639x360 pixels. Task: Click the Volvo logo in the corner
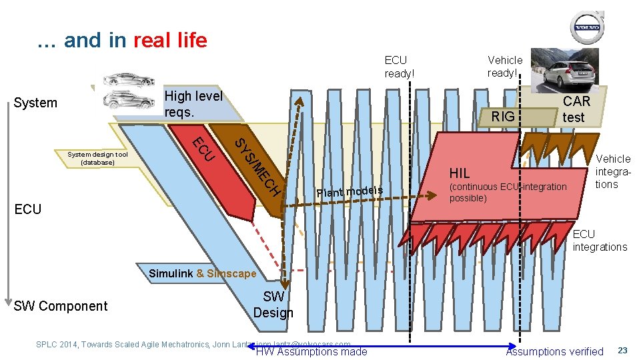tap(587, 28)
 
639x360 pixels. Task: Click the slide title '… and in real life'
tap(123, 41)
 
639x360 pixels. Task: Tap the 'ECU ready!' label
tap(399, 67)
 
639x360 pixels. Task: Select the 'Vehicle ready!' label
tap(505, 66)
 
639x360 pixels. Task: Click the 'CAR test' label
tap(576, 109)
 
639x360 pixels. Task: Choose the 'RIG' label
tap(503, 117)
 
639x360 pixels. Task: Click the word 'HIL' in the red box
tap(460, 173)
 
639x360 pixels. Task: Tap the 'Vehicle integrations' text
tap(612, 171)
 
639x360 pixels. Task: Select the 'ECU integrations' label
tap(600, 241)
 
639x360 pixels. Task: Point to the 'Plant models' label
tap(350, 192)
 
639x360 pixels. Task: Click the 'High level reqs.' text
tap(193, 103)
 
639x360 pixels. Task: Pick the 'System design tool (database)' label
tap(97, 158)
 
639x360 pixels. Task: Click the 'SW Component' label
tap(60, 306)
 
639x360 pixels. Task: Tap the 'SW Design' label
tap(273, 305)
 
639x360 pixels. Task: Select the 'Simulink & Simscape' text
tap(202, 273)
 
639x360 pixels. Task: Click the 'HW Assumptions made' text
tap(311, 352)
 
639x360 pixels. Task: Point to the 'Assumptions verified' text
tap(554, 351)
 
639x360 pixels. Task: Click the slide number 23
tap(622, 351)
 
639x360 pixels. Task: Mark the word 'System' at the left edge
tap(35, 103)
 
